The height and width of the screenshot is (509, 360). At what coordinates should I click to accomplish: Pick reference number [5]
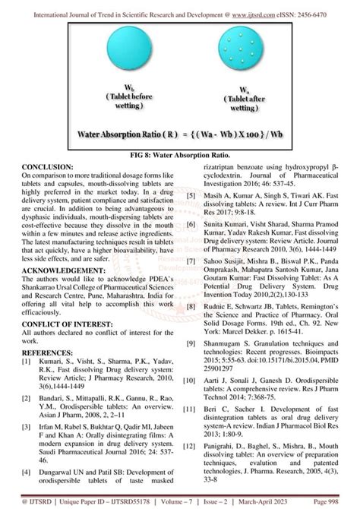[191, 195]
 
